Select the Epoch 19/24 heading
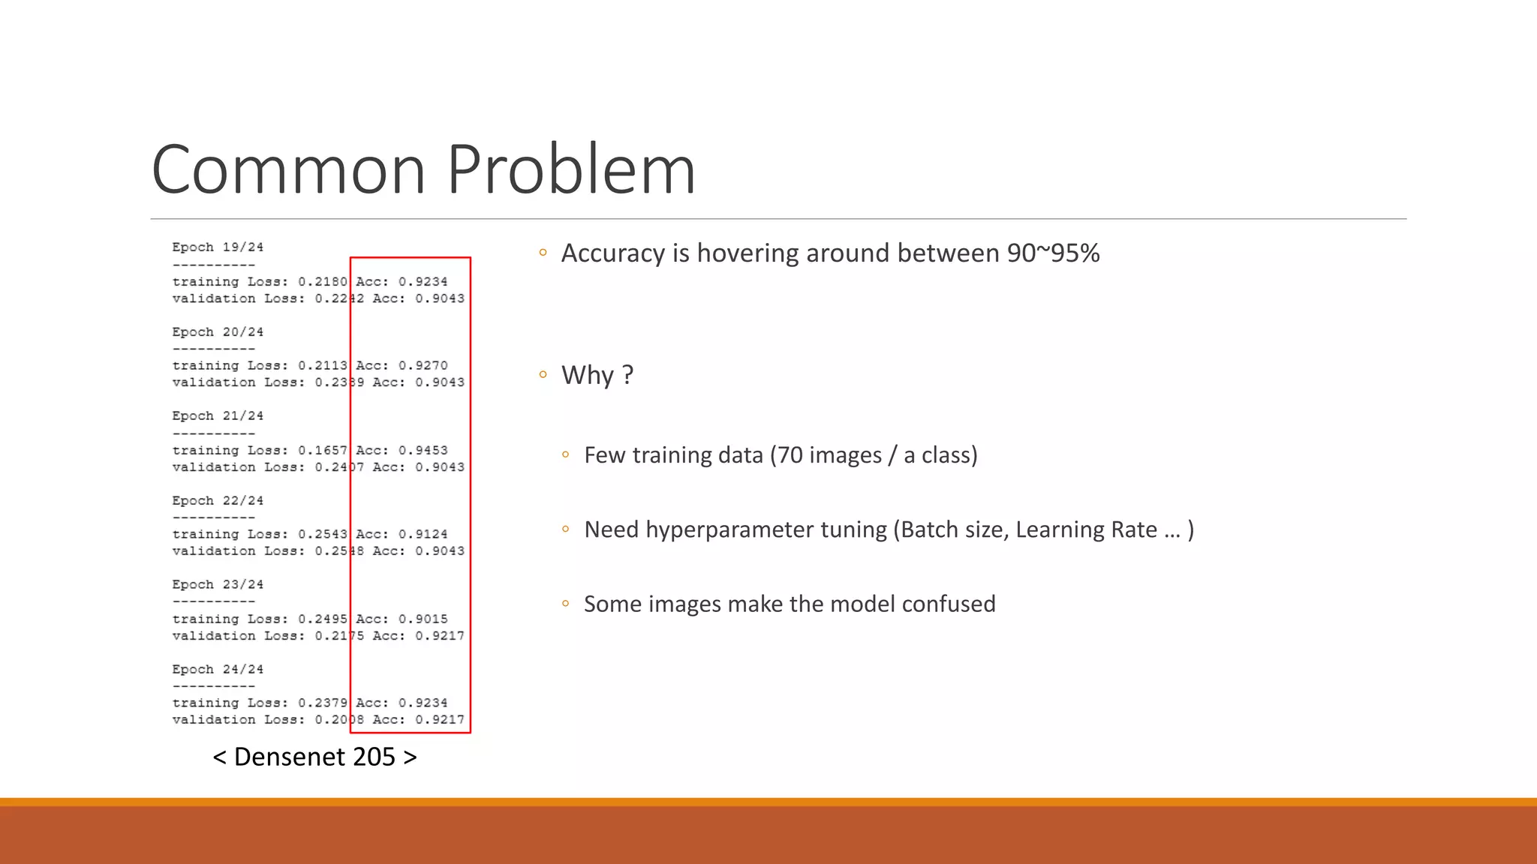218,247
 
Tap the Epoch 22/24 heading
218,501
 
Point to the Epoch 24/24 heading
218,670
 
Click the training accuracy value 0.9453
423,451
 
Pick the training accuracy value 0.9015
423,619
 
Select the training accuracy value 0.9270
423,366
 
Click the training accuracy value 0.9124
423,535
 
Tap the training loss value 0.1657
323,451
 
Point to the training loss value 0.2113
323,366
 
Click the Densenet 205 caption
314,757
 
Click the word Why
588,375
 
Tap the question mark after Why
628,375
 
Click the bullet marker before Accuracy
543,253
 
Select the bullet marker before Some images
566,604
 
